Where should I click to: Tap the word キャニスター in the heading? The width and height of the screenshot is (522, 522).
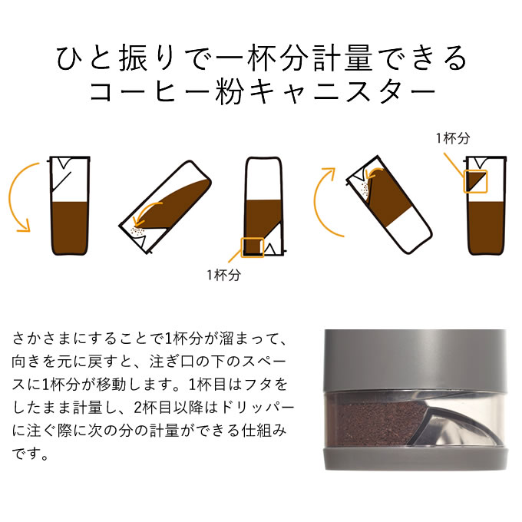pos(342,91)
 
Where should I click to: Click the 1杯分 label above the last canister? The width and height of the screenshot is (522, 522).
pos(453,138)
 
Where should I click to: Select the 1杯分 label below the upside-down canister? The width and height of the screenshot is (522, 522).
pos(223,275)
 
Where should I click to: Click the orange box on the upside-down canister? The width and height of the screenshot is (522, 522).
pos(253,247)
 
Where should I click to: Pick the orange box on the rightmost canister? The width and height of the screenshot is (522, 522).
pos(476,181)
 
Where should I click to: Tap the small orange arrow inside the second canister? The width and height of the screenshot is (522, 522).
pos(147,213)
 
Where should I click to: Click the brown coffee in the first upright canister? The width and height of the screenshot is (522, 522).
pos(70,228)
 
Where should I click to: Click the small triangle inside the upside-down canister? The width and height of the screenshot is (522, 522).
pos(270,249)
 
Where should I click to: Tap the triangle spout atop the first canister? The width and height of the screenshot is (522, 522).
pos(64,162)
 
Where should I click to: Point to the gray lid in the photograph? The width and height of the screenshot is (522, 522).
pos(415,360)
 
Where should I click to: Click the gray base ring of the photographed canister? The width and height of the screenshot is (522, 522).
pos(416,460)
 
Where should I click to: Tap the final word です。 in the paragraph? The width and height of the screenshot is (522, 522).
pos(31,454)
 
